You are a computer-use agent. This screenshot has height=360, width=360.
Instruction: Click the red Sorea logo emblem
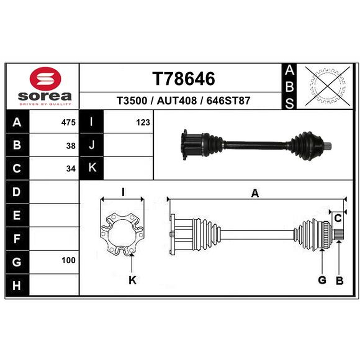[x=45, y=78]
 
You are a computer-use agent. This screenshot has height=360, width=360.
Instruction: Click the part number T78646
[x=184, y=78]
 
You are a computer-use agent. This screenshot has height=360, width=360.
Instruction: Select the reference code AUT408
[x=177, y=100]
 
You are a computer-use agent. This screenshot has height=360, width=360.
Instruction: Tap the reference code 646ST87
[x=228, y=100]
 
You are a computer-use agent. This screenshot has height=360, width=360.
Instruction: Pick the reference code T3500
[x=132, y=100]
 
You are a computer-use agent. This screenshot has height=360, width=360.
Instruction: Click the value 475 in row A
[x=68, y=122]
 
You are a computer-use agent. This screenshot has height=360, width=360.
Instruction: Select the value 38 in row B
[x=71, y=146]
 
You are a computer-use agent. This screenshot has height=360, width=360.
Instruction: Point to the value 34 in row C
[x=71, y=169]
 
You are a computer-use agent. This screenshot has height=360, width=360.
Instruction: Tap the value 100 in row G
[x=68, y=261]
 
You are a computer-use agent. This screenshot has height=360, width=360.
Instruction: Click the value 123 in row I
[x=143, y=122]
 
